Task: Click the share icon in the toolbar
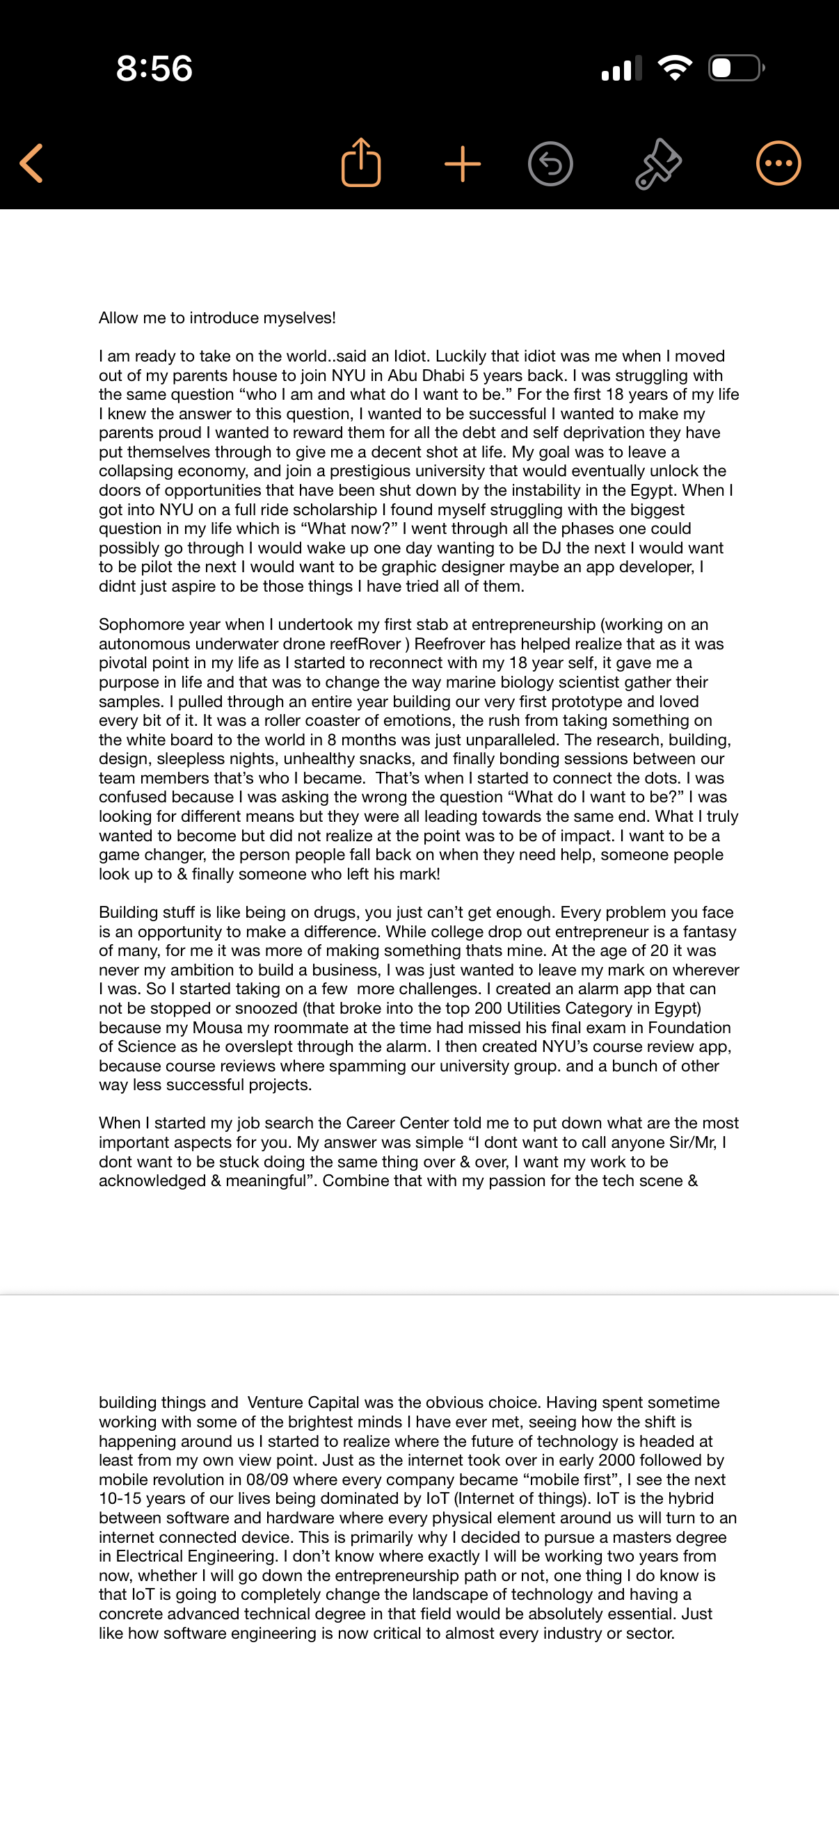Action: (361, 163)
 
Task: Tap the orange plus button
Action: (463, 164)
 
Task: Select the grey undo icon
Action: (550, 164)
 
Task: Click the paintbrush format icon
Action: (657, 164)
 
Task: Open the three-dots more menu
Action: (778, 163)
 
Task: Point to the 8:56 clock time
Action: (154, 69)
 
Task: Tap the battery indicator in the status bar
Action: (736, 68)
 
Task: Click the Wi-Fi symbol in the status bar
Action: (675, 68)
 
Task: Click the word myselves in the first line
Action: (299, 318)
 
